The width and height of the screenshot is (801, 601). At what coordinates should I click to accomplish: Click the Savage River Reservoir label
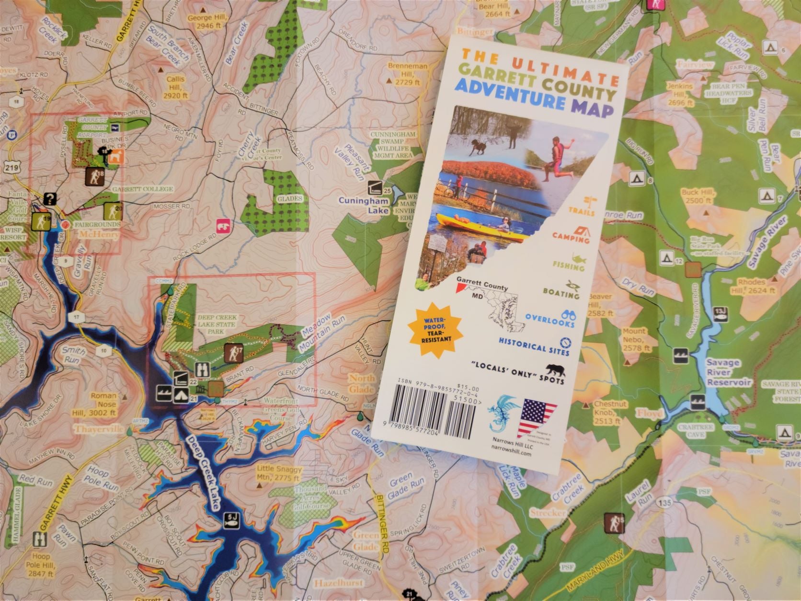pos(728,373)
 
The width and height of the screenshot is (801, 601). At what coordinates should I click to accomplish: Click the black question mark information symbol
pos(50,198)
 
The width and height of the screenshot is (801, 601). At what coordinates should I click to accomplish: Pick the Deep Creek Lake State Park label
pos(212,324)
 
